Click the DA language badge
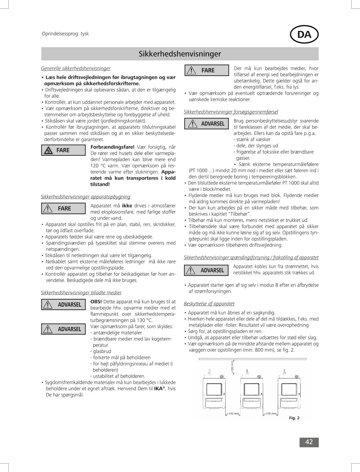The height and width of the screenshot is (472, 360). click(x=304, y=35)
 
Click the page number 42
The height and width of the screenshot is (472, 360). click(x=309, y=442)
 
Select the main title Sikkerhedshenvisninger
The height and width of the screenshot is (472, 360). click(x=180, y=54)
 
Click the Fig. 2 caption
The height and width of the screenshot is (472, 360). click(x=294, y=418)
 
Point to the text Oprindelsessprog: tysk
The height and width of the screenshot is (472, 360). click(x=65, y=34)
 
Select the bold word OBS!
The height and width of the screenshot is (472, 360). click(x=96, y=302)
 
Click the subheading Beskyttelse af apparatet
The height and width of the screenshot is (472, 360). click(x=209, y=304)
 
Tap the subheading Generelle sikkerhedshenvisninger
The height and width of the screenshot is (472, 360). click(x=76, y=68)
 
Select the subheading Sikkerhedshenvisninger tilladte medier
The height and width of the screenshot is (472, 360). click(x=81, y=292)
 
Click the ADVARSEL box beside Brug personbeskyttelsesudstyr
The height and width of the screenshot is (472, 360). click(x=207, y=124)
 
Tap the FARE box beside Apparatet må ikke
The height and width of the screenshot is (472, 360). click(x=63, y=209)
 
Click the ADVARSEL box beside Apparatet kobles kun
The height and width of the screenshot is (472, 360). click(x=207, y=270)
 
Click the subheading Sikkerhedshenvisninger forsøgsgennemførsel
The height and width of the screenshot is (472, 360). click(x=231, y=112)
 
